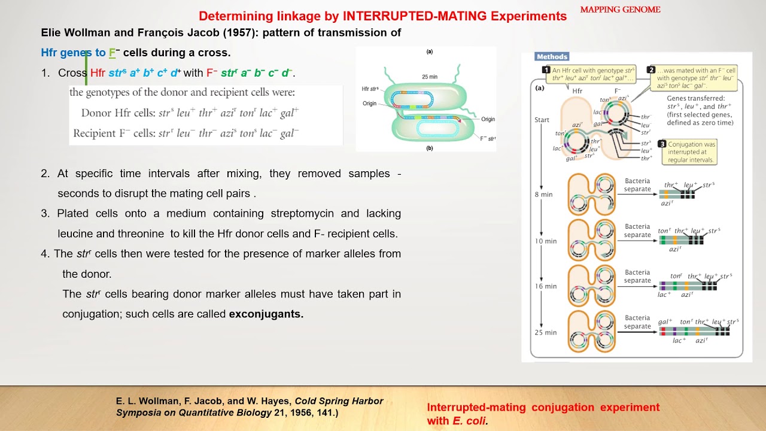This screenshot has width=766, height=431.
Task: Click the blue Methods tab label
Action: [x=552, y=57]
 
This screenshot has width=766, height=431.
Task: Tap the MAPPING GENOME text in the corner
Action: [x=620, y=10]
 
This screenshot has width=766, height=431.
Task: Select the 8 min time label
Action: [x=543, y=195]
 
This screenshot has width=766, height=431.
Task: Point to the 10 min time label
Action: [x=546, y=241]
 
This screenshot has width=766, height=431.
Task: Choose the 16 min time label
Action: [x=546, y=286]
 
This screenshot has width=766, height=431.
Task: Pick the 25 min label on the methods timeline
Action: [x=546, y=332]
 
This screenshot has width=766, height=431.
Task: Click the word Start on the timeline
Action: [x=542, y=120]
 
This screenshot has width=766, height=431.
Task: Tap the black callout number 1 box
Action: [x=546, y=70]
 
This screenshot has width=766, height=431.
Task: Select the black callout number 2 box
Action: [x=652, y=70]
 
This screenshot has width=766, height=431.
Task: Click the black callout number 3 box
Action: [x=662, y=144]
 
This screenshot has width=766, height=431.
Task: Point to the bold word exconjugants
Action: [x=266, y=314]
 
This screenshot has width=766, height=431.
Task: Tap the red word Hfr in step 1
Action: [x=98, y=73]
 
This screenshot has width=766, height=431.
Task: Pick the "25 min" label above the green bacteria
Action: [x=429, y=77]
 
